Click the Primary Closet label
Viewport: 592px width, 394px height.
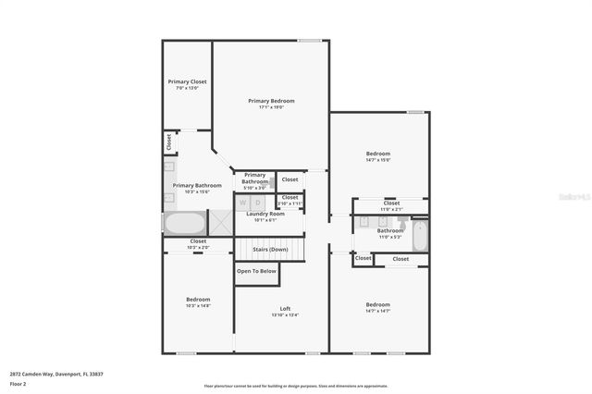pyautogui.click(x=187, y=81)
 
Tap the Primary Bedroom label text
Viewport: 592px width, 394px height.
pyautogui.click(x=271, y=100)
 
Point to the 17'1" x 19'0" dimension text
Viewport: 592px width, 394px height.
pyautogui.click(x=271, y=107)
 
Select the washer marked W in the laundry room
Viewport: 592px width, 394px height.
pyautogui.click(x=243, y=202)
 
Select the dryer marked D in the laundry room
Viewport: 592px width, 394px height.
pyautogui.click(x=257, y=202)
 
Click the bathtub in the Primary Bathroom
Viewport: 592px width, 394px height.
pyautogui.click(x=185, y=224)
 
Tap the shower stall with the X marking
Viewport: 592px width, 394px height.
pyautogui.click(x=220, y=224)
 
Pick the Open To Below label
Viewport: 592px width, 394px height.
pyautogui.click(x=256, y=271)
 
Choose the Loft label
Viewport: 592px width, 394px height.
pyautogui.click(x=285, y=308)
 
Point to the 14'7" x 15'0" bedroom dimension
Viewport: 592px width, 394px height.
pyautogui.click(x=377, y=160)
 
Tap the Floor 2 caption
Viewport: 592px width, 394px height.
pyautogui.click(x=18, y=383)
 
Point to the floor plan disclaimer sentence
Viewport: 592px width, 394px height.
pyautogui.click(x=296, y=386)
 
